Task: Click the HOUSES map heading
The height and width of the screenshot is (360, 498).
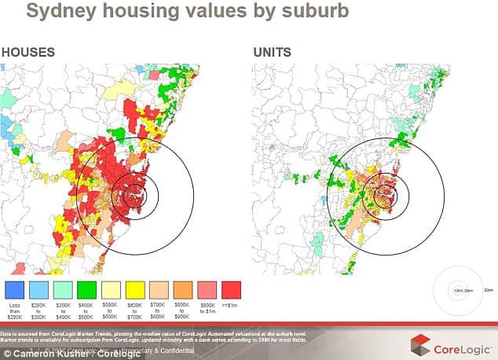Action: [x=27, y=53]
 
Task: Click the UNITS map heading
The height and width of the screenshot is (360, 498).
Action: [x=272, y=53]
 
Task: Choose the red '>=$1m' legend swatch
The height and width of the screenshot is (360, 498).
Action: [x=233, y=287]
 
